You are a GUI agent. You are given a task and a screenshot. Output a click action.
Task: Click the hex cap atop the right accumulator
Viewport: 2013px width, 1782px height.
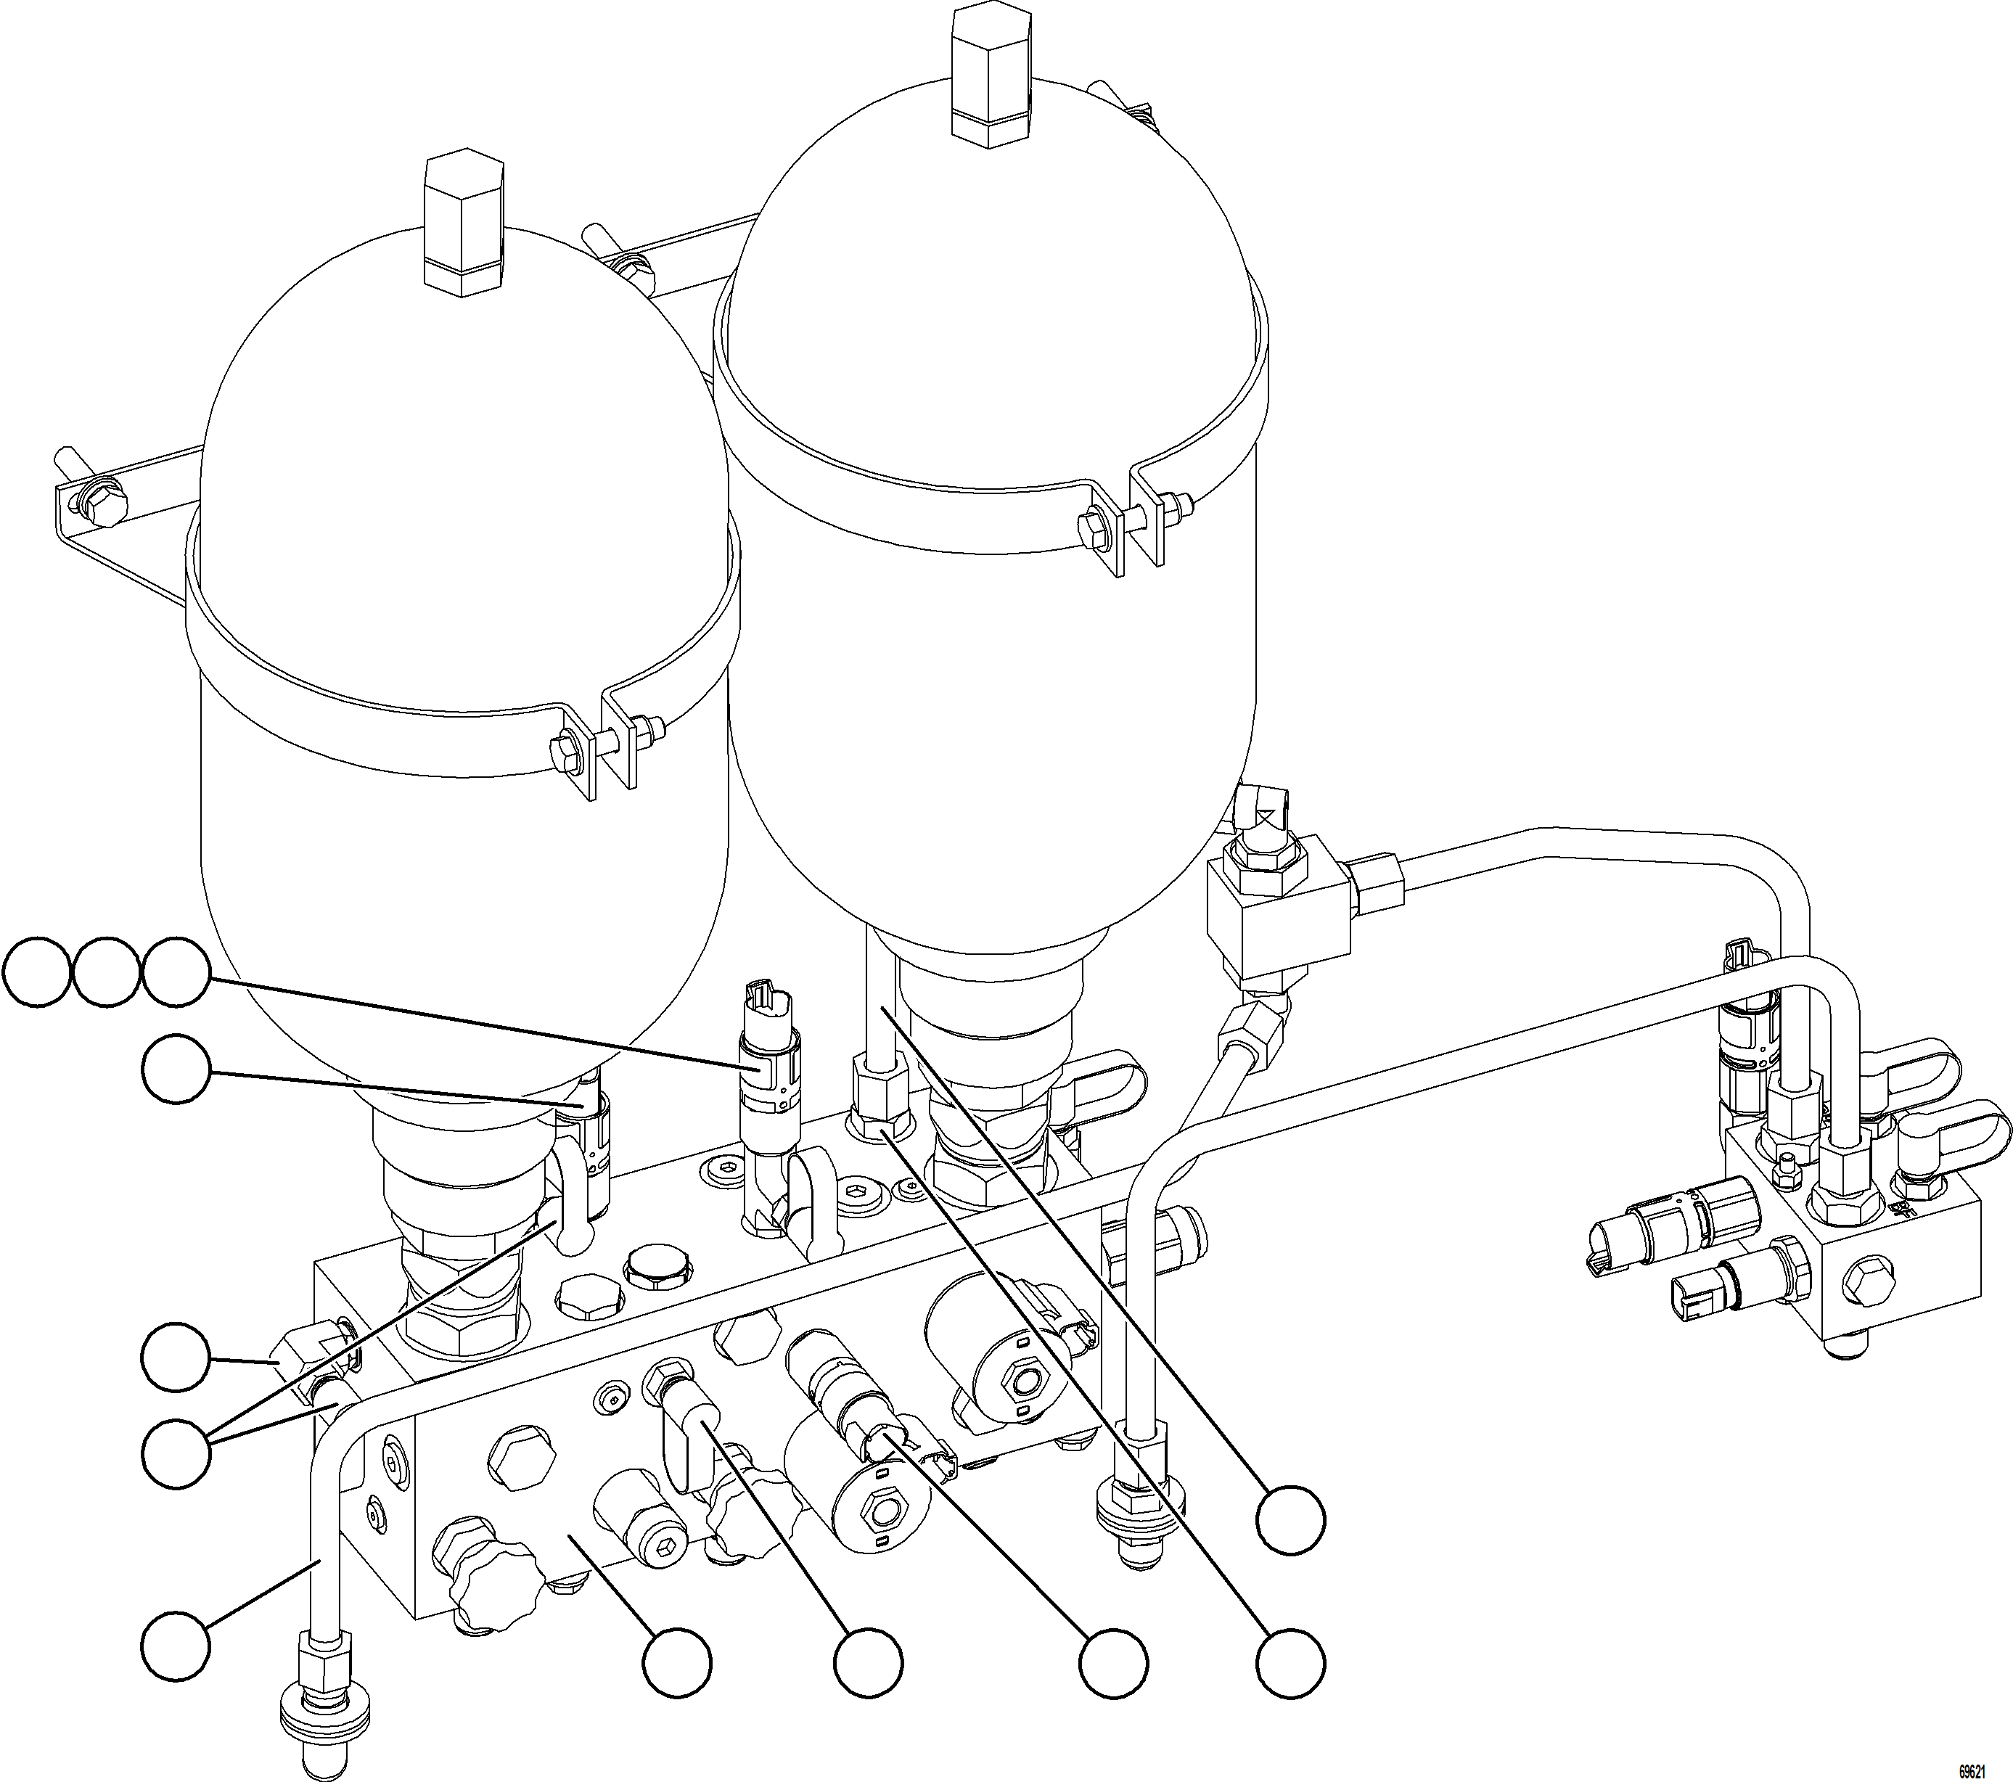pyautogui.click(x=991, y=75)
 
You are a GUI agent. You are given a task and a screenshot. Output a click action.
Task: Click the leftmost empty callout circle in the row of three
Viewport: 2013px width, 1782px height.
pyautogui.click(x=36, y=973)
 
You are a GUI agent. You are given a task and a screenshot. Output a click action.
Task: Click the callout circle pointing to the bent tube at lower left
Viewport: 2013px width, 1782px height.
pyautogui.click(x=176, y=1645)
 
